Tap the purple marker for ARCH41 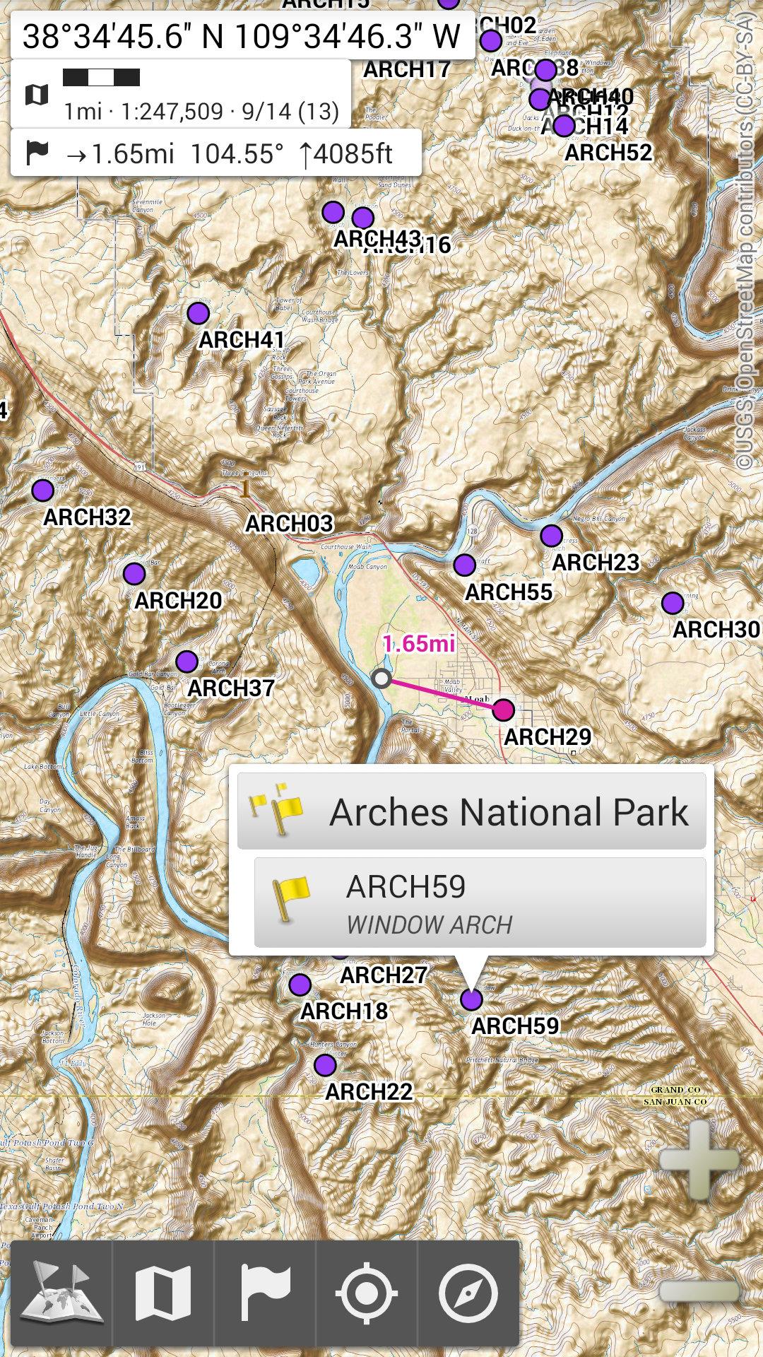click(199, 312)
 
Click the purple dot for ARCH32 click(43, 490)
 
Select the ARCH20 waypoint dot click(134, 573)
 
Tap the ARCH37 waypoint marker click(187, 662)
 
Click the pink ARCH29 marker click(503, 709)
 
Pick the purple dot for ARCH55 click(464, 565)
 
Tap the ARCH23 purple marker click(551, 536)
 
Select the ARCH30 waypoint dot click(673, 603)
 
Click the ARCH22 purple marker click(325, 1064)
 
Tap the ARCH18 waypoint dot click(300, 984)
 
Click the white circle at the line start click(381, 678)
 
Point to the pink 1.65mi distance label click(419, 644)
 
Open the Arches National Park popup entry click(471, 811)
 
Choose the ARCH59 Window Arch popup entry click(480, 903)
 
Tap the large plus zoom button click(699, 1159)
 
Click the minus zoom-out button click(699, 1291)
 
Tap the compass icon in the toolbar click(468, 1293)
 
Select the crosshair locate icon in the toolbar click(366, 1293)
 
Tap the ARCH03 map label click(289, 524)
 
